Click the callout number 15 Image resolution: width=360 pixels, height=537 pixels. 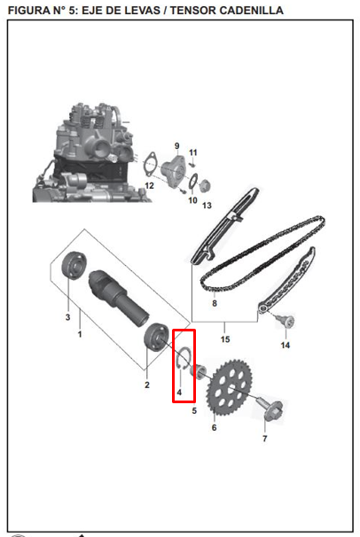[225, 339]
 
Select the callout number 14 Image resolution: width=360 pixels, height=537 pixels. [286, 345]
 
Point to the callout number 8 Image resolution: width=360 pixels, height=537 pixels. [214, 303]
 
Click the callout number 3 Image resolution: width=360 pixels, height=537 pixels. [67, 316]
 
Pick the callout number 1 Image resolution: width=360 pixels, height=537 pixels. [80, 335]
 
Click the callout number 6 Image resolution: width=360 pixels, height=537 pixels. [214, 427]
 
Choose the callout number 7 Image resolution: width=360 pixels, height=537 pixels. [263, 439]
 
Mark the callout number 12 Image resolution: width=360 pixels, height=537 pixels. [149, 185]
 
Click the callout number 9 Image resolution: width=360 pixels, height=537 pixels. [176, 145]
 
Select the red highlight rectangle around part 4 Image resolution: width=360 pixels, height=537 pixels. [183, 364]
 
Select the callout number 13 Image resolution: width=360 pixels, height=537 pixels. [207, 206]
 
